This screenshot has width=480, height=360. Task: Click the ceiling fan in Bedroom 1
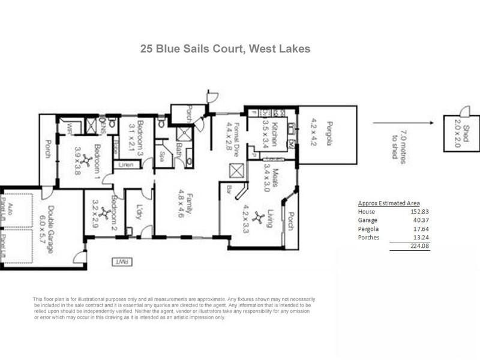(x=87, y=160)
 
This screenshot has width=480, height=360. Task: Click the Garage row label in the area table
(x=368, y=220)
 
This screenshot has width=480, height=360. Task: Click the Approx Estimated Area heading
(x=389, y=203)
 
